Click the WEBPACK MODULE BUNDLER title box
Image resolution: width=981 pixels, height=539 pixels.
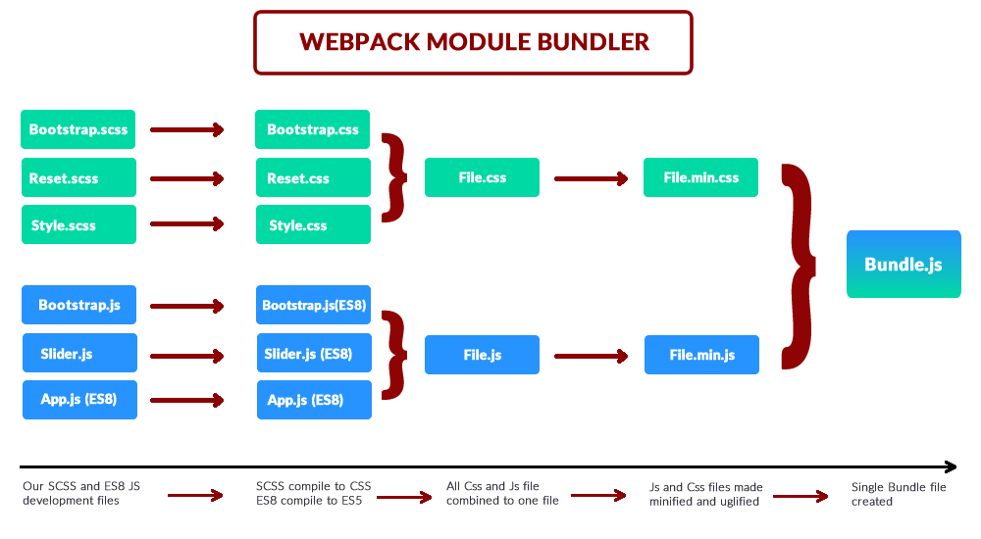click(473, 42)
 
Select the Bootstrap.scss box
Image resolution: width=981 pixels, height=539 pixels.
click(78, 129)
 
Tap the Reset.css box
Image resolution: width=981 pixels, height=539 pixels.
click(313, 178)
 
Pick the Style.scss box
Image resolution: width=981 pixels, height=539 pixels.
click(78, 225)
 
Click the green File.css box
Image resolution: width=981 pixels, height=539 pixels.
click(482, 178)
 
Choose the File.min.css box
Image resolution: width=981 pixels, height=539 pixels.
click(700, 178)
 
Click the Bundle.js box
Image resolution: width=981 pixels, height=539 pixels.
click(904, 265)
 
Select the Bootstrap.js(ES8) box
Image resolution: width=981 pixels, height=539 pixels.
click(314, 306)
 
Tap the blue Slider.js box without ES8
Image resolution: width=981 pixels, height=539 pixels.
click(79, 353)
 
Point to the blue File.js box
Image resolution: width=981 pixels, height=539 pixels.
click(482, 355)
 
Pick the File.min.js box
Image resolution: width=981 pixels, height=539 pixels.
click(701, 355)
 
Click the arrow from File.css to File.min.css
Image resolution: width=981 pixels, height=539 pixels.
click(591, 179)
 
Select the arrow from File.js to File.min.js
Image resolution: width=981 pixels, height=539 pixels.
click(591, 356)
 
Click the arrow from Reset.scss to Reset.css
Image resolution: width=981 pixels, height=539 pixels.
click(186, 179)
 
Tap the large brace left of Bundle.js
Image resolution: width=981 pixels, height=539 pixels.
click(800, 265)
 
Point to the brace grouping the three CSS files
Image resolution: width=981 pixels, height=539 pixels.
click(394, 177)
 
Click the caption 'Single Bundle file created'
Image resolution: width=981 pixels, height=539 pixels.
click(899, 494)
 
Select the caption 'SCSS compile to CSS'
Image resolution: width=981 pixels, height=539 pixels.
click(313, 487)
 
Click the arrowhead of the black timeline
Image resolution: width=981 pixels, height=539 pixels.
click(950, 466)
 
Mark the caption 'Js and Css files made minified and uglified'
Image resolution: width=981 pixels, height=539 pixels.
click(705, 494)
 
